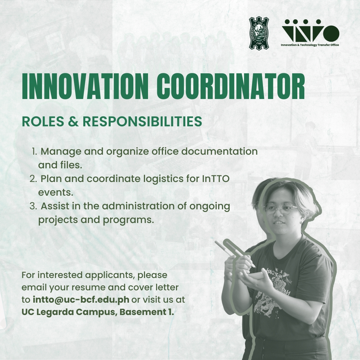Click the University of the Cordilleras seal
259,33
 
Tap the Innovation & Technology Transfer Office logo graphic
310,31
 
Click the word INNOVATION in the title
85,87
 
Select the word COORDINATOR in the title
231,87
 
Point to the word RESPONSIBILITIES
142,121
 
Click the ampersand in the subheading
73,121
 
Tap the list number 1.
34,152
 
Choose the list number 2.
33,179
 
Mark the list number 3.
33,206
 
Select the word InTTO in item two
216,179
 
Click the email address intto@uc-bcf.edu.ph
81,300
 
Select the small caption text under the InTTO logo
310,45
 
